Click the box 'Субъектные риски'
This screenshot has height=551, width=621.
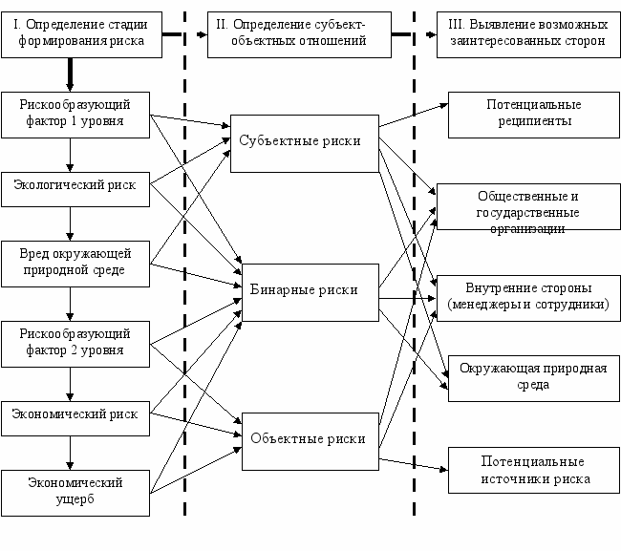305,143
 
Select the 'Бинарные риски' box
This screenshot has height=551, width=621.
310,292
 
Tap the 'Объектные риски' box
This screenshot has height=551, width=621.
310,442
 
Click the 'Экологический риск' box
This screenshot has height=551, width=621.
75,189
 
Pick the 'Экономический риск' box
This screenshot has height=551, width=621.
75,419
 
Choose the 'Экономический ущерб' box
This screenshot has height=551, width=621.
75,493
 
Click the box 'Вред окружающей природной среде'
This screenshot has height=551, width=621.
75,264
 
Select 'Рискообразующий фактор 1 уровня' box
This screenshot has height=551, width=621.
75,116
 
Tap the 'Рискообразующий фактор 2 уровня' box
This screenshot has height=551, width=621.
75,345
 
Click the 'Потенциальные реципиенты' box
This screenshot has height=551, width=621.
534,116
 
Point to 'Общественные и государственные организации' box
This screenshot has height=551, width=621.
528,206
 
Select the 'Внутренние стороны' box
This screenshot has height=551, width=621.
528,299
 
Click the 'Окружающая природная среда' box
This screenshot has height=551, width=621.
534,379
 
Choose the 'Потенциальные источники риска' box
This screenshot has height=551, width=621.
534,470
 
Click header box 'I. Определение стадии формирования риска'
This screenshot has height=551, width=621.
81,34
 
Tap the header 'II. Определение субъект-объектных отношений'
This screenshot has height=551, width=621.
299,34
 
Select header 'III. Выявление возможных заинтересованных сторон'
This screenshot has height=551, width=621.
528,34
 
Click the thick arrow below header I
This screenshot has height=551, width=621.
70,74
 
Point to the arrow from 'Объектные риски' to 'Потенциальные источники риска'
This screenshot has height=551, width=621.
414,465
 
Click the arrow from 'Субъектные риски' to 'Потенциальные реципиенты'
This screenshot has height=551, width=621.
414,116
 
